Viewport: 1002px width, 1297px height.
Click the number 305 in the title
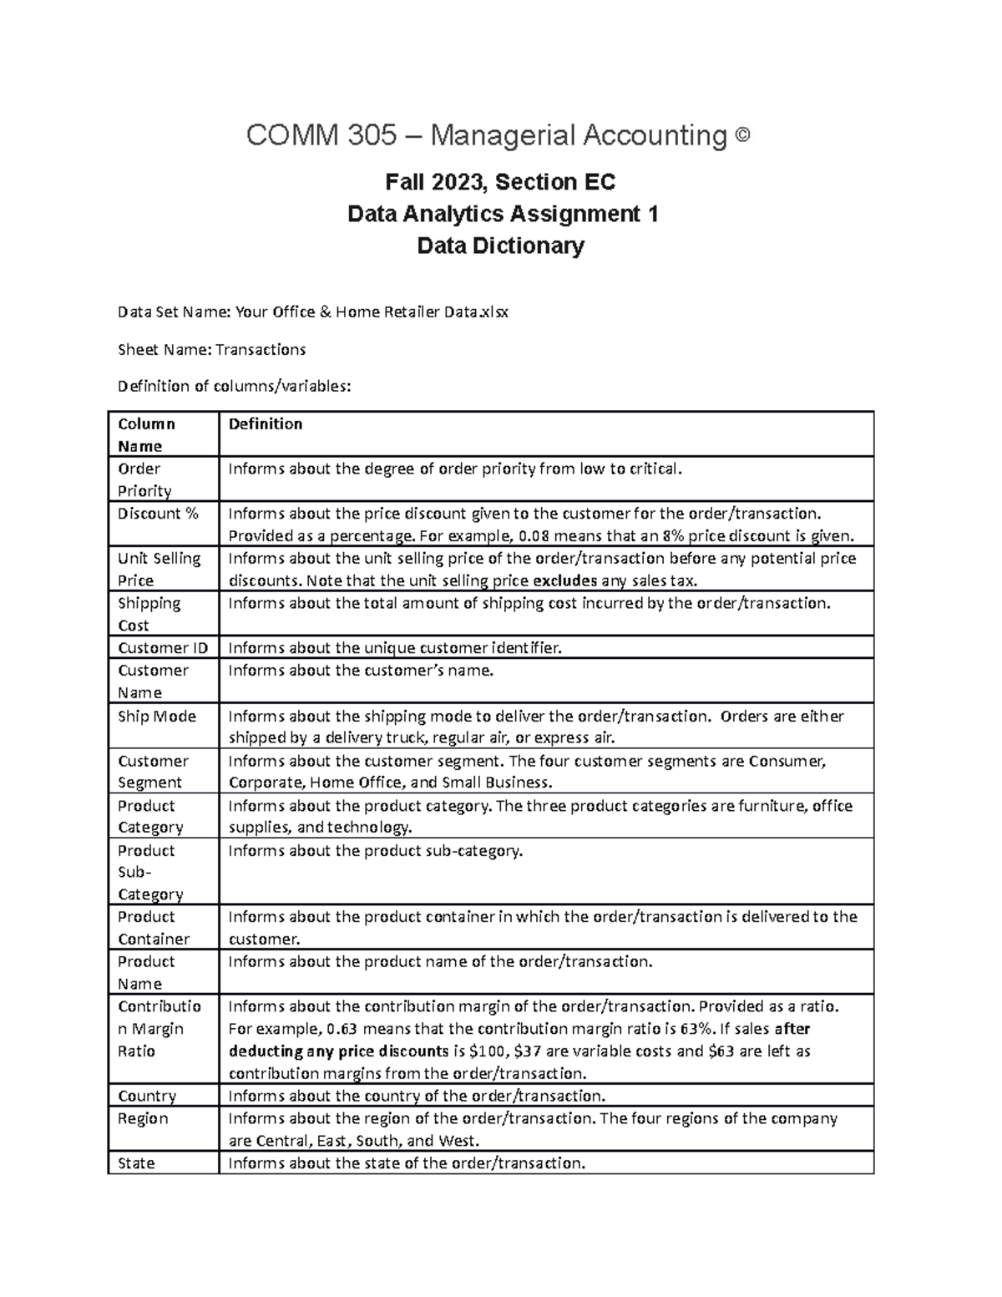pos(374,135)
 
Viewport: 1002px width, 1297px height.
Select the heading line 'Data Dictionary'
pos(501,246)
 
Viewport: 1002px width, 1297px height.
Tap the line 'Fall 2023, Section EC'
pos(501,181)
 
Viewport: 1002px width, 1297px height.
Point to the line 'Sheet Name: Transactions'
pos(211,349)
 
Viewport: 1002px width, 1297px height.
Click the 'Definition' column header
pos(266,424)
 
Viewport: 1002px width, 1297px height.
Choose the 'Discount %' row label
pos(158,514)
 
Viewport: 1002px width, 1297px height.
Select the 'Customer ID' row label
pos(163,647)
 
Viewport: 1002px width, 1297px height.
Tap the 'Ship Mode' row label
pos(157,716)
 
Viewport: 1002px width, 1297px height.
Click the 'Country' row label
pos(147,1096)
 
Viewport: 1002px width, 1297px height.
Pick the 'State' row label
pos(136,1163)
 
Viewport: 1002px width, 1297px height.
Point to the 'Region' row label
pos(143,1118)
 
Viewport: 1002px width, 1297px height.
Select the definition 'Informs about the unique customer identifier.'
pos(395,647)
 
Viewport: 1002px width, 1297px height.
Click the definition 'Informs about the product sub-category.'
pos(375,850)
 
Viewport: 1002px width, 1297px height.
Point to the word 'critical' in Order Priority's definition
pos(652,469)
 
